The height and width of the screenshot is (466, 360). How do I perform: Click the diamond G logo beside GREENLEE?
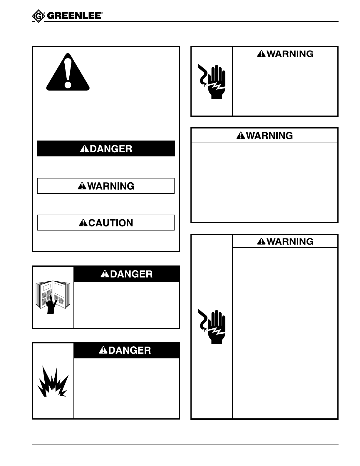click(x=38, y=16)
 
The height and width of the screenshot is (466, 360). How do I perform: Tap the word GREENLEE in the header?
click(x=74, y=16)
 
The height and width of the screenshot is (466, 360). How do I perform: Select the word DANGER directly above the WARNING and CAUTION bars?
click(x=111, y=149)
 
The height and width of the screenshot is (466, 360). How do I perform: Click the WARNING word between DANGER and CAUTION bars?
click(x=111, y=186)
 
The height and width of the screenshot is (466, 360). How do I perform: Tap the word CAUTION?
click(x=111, y=223)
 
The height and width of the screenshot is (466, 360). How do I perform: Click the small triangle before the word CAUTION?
click(x=83, y=223)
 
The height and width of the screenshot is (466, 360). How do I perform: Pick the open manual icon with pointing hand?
click(x=53, y=297)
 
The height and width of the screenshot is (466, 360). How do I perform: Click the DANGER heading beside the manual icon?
click(x=131, y=274)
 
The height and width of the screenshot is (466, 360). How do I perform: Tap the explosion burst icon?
click(x=53, y=382)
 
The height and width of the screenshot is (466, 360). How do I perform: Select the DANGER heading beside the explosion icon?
click(x=130, y=350)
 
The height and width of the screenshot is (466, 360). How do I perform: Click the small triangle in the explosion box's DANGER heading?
click(x=103, y=350)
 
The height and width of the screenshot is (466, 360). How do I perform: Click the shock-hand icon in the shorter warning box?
click(x=212, y=81)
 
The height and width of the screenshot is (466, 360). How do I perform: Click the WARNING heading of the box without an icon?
click(x=269, y=136)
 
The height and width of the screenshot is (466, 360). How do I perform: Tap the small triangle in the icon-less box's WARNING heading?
click(x=241, y=136)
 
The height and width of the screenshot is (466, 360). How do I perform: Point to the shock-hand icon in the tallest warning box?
click(x=212, y=326)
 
